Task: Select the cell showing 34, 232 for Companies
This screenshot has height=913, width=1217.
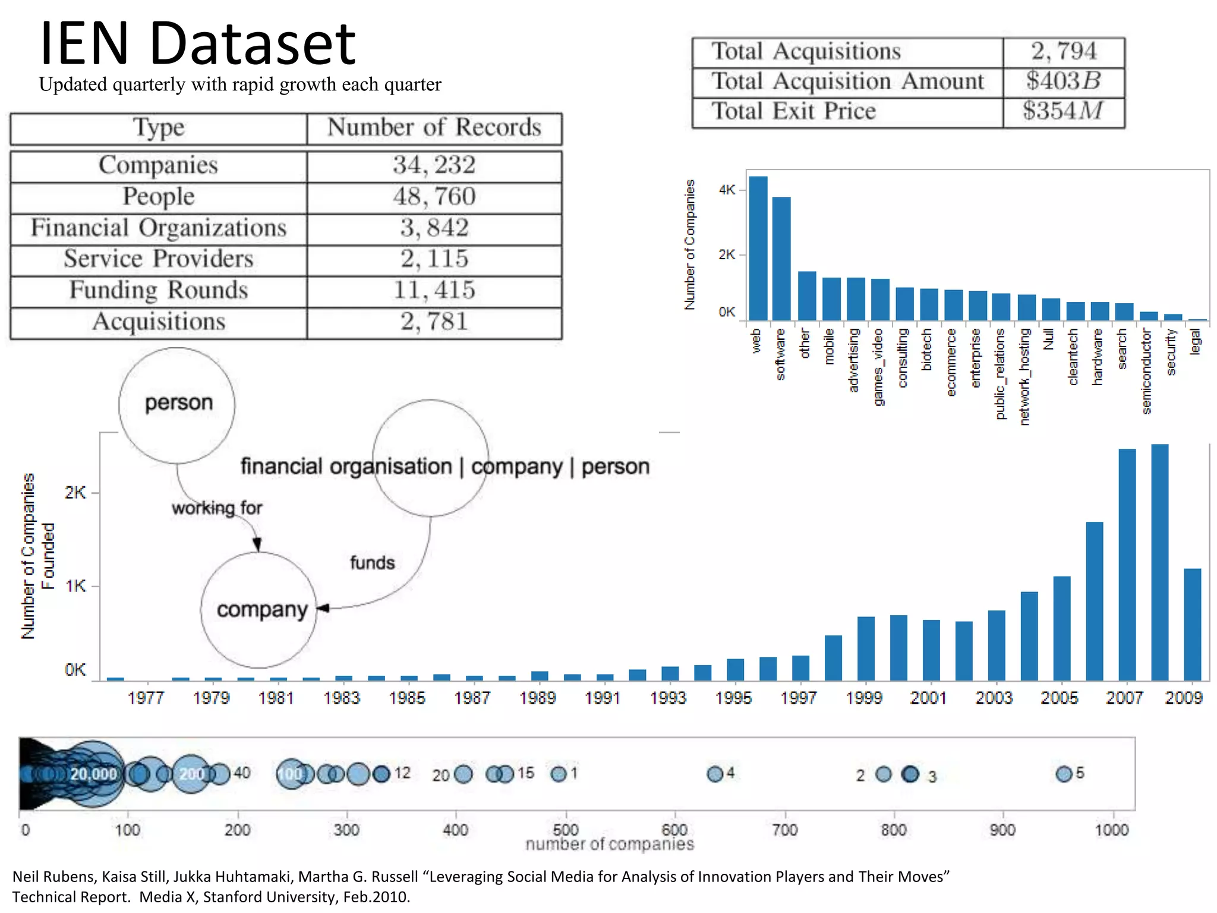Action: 434,165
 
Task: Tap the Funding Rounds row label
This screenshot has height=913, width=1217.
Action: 158,290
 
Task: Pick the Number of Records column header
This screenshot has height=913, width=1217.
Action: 434,128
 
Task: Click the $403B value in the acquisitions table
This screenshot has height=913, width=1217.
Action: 1063,81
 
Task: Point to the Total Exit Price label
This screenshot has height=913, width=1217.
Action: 793,112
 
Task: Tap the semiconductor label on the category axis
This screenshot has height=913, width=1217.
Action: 1147,372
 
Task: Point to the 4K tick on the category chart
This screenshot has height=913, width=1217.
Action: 726,190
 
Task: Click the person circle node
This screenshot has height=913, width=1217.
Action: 177,404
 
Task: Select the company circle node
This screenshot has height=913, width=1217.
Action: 260,610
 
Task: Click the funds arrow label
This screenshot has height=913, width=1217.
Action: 372,562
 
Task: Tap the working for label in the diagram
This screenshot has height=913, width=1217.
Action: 217,508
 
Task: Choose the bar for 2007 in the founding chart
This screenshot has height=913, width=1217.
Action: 1127,565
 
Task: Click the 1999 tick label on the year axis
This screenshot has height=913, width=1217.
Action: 863,698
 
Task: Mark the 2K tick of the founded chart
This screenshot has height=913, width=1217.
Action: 75,493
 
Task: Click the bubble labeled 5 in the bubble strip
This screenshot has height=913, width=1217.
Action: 1063,774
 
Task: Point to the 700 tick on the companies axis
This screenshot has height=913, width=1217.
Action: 784,830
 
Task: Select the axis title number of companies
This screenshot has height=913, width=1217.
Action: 609,845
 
